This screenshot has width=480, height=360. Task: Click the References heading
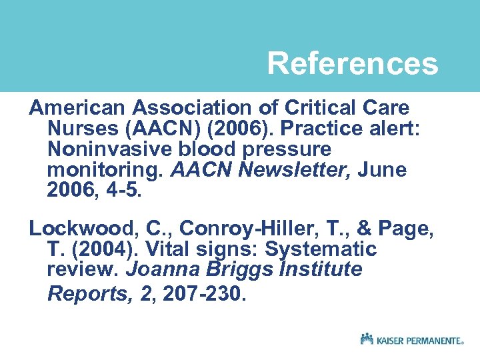[353, 64]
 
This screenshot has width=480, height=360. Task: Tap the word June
[382, 170]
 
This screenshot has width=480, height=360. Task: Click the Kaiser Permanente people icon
[367, 339]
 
